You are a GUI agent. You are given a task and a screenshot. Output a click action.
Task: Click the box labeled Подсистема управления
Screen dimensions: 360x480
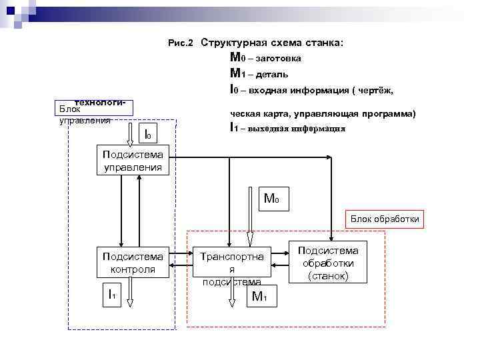[133, 161]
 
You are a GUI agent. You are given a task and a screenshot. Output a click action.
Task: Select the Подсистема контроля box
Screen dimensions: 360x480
[133, 262]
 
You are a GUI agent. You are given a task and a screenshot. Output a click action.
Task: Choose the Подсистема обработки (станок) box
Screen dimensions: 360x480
[327, 262]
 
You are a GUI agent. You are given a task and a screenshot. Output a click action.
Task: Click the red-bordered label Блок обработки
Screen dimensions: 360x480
[385, 219]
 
